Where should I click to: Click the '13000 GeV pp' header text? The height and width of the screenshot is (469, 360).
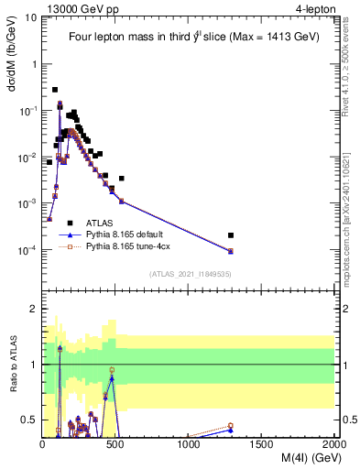coord(82,8)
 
